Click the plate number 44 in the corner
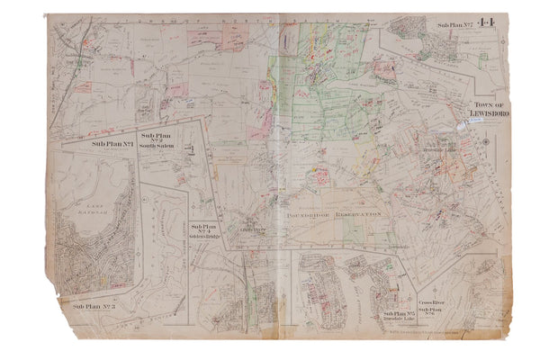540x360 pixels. click(488, 24)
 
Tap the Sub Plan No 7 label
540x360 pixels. click(455, 25)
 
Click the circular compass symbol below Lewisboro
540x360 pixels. click(486, 141)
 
